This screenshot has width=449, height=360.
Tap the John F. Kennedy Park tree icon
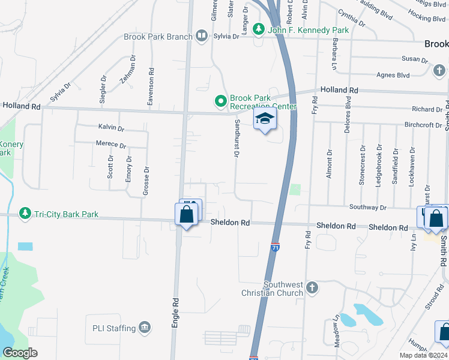point(258,28)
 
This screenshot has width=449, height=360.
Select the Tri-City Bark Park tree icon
point(25,214)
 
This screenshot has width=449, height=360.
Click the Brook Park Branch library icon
point(202,37)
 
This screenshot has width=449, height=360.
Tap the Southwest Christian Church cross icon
point(312,288)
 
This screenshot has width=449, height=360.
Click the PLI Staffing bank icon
point(145,328)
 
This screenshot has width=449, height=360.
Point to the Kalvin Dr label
point(111,128)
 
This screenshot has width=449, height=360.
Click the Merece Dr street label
point(111,145)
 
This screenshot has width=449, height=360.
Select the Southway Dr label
point(385,208)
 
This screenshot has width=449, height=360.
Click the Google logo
point(20,352)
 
